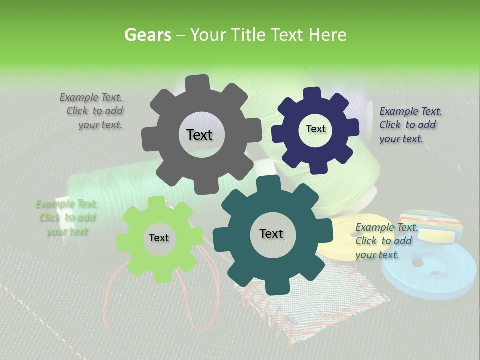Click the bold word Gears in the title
pos(147,35)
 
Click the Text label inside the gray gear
pos(199,135)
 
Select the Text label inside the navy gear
pos(315,129)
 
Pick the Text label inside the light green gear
pos(159,238)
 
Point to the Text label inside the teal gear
pos(271,233)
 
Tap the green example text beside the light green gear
pos(67,217)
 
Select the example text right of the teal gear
pos(385,241)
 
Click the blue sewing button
pos(430,272)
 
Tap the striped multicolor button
pos(433,222)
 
